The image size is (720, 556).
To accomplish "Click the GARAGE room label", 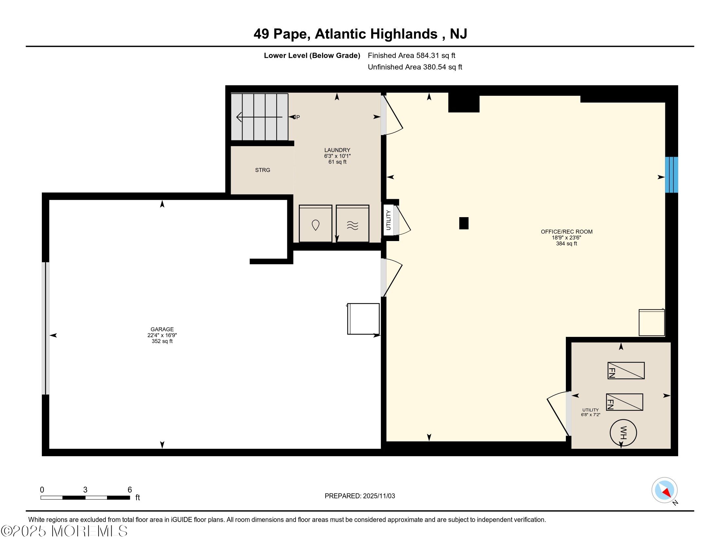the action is (162, 329).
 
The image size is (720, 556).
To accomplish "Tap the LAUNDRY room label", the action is (337, 150).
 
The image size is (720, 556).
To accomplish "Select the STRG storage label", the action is (262, 170).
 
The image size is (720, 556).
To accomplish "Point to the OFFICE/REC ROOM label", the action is (567, 232).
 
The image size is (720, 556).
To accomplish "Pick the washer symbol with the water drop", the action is (315, 224).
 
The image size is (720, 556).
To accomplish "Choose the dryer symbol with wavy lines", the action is (352, 224).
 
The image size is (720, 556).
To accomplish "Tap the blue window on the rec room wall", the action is (671, 175).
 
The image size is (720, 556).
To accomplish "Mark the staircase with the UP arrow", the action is (260, 117).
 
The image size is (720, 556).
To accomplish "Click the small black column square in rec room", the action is (463, 223).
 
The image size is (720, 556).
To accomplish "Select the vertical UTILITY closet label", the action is (388, 220).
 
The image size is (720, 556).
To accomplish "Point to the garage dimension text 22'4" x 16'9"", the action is (162, 335).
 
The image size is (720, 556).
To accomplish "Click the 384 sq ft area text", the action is (567, 243).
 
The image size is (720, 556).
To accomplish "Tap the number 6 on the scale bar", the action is (130, 490).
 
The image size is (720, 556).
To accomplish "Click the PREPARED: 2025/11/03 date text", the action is (360, 496).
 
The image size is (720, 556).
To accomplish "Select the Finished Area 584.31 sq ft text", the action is (411, 55).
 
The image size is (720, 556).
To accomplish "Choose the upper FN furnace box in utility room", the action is (626, 370).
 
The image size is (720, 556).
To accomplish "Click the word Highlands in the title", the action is (404, 34).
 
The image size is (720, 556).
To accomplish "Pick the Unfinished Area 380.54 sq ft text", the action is (415, 67).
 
